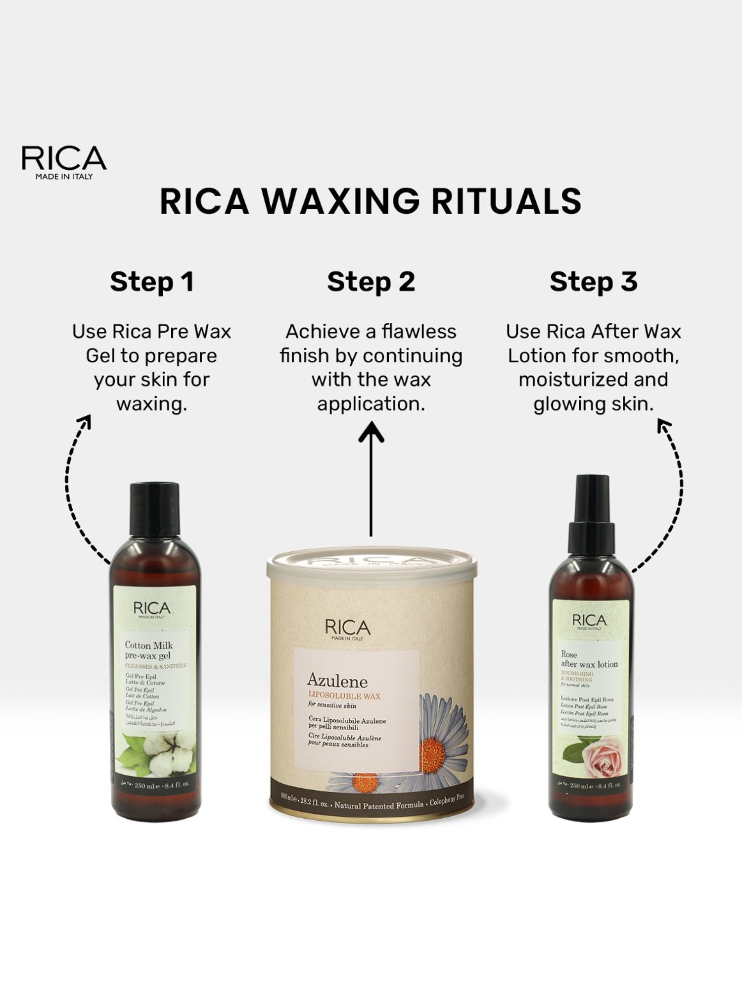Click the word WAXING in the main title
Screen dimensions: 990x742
(340, 201)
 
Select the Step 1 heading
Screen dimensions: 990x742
(152, 282)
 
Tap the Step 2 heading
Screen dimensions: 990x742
(371, 282)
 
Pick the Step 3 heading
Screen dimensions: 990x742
(593, 282)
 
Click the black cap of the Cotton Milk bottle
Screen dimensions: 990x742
(154, 510)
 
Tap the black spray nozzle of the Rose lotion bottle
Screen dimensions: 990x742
(592, 515)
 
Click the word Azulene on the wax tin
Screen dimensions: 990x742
(337, 682)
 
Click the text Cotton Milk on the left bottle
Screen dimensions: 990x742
(148, 645)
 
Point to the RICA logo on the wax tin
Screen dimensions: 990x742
(348, 629)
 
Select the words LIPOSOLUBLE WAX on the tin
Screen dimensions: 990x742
(344, 696)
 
